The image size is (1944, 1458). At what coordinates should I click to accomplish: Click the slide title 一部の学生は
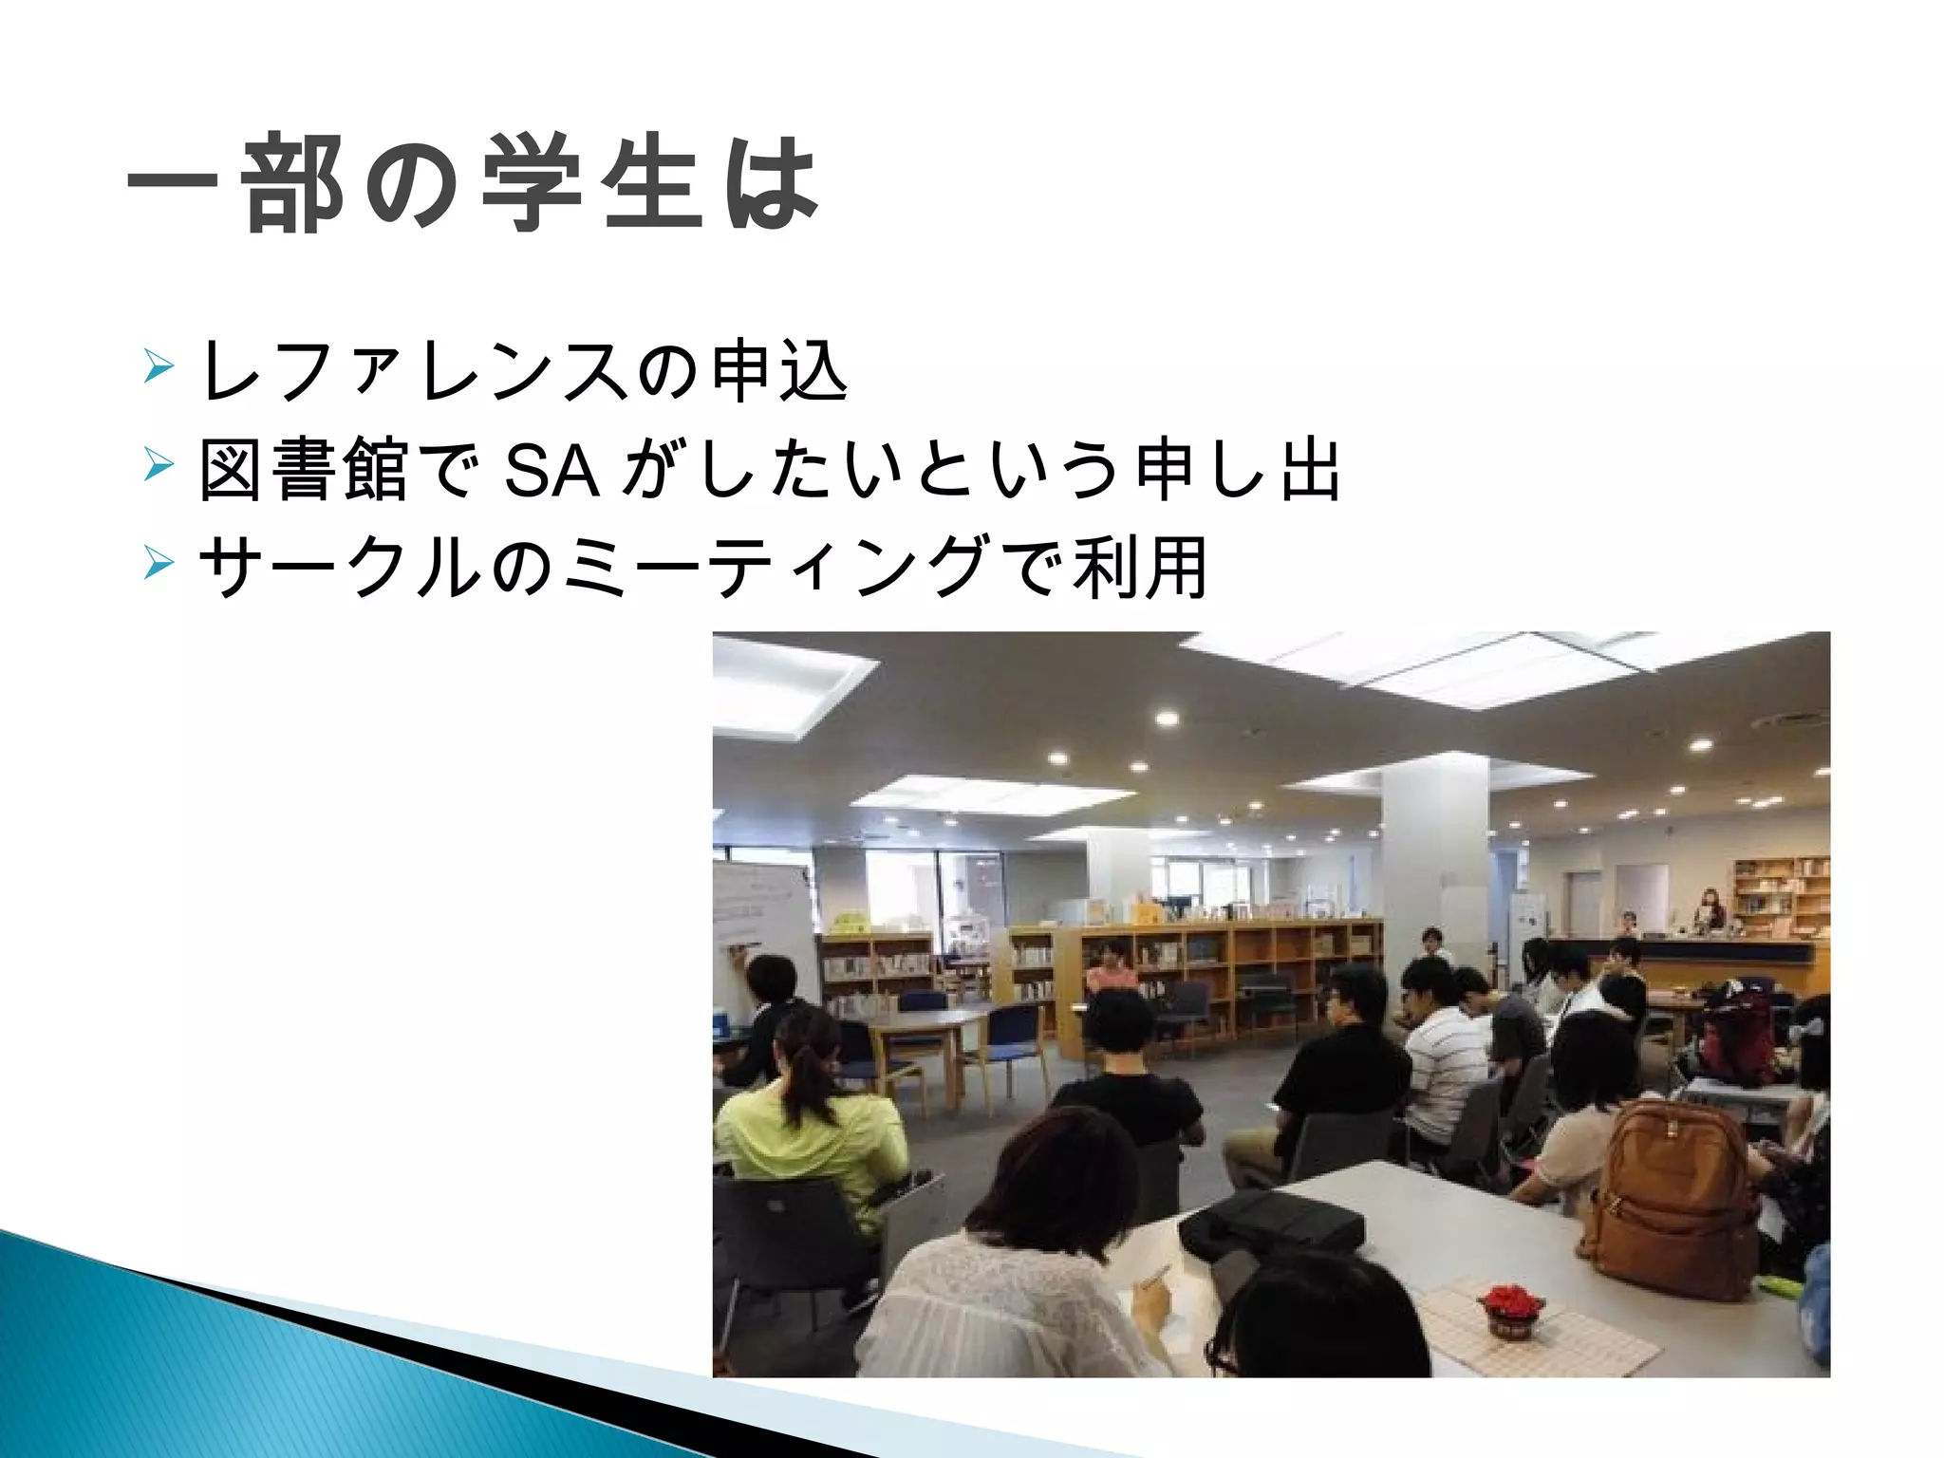(x=472, y=182)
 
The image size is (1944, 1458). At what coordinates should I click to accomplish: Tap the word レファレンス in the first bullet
(x=414, y=371)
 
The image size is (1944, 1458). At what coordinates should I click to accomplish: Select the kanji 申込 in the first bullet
(x=778, y=371)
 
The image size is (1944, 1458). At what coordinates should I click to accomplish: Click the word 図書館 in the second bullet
(x=303, y=469)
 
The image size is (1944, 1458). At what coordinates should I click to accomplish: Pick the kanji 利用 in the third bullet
(x=1139, y=568)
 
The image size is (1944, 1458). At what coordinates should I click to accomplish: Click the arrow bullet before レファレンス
(x=159, y=365)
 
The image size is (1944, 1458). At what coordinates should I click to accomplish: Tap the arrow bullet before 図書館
(x=159, y=464)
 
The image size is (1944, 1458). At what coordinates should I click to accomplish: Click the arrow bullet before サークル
(x=159, y=563)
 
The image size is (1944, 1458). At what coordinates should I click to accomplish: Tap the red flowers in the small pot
(x=1511, y=1301)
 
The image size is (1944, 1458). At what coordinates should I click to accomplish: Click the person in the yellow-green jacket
(x=807, y=1130)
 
